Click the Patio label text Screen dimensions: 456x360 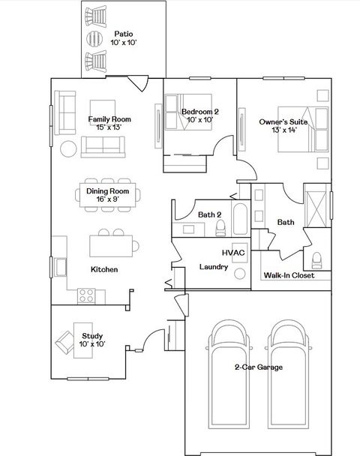124,34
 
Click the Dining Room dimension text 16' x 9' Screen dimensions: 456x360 107,199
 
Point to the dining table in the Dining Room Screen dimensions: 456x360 107,195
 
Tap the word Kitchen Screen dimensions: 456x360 104,269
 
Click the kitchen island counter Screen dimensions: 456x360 112,244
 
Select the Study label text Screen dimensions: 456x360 92,335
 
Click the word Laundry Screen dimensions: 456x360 214,267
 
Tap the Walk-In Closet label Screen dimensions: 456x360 288,275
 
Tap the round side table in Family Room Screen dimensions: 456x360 68,148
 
